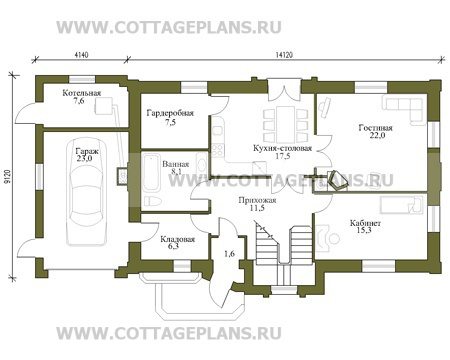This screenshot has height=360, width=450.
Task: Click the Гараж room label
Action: [86, 151]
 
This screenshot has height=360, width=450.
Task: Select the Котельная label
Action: [82, 93]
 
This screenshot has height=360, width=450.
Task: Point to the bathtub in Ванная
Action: [151, 172]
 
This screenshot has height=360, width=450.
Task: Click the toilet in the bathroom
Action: [153, 201]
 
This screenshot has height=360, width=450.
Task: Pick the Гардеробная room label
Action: [170, 113]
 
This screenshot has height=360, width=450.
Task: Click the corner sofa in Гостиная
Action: [404, 107]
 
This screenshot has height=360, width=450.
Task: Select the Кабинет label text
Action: [365, 223]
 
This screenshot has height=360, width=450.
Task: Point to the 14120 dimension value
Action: [284, 55]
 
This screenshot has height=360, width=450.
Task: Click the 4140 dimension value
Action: [81, 55]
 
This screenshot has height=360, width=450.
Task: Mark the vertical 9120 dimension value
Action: [9, 177]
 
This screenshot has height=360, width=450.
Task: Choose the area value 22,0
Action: [377, 135]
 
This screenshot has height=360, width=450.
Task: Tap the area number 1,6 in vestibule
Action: [229, 254]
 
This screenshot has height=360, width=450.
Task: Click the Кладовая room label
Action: [178, 239]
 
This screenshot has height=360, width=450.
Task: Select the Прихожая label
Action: [257, 200]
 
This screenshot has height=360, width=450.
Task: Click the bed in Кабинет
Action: [401, 204]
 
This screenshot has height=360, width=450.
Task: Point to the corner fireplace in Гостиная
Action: [337, 180]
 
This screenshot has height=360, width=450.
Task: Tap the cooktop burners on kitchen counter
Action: [217, 149]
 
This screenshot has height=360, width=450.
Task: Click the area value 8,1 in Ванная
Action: [176, 172]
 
